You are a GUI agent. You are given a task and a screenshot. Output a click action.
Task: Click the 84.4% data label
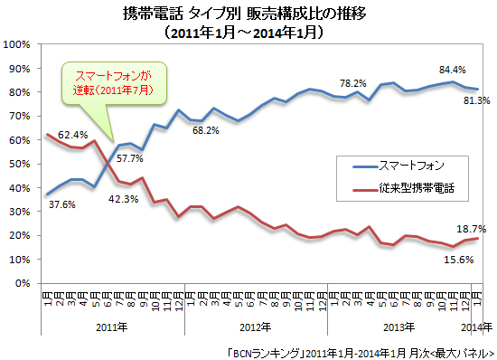pyautogui.click(x=452, y=69)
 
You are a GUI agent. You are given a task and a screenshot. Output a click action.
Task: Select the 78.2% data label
pyautogui.click(x=352, y=83)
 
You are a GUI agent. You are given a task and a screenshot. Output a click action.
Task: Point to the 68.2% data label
pyautogui.click(x=205, y=130)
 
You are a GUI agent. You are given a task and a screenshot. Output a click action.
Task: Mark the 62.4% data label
pyautogui.click(x=73, y=136)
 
